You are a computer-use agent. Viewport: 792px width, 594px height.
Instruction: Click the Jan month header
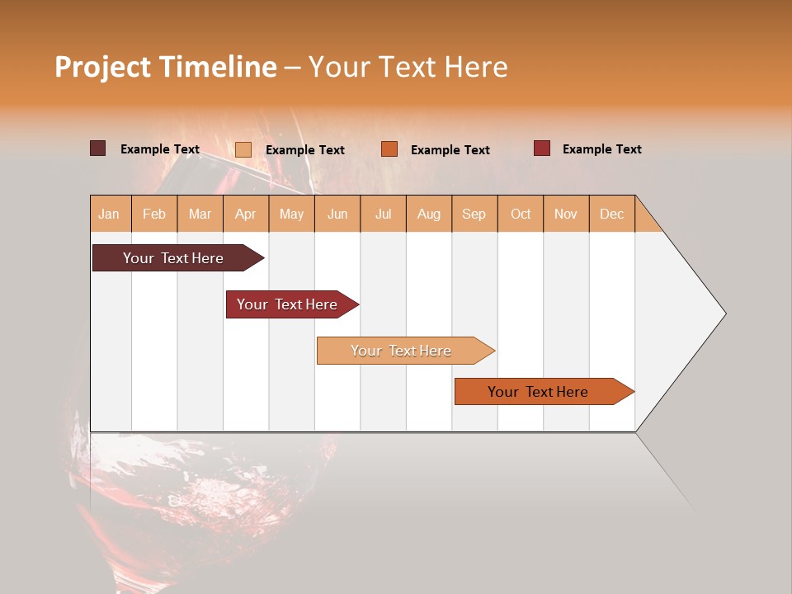(109, 214)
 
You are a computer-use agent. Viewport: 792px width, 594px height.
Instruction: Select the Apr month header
(245, 214)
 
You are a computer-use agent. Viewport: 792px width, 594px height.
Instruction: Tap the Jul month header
(383, 214)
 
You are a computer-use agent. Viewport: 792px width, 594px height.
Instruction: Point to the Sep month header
(474, 214)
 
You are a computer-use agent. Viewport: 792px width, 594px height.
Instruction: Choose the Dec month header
(611, 214)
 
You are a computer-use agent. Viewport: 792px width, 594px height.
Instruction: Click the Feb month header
(154, 214)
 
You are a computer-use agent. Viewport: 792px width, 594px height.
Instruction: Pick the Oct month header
(520, 214)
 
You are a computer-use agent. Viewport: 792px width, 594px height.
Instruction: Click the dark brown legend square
(97, 148)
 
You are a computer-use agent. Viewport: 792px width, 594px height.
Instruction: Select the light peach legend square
(243, 149)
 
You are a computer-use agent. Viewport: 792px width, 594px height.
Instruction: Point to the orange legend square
(389, 149)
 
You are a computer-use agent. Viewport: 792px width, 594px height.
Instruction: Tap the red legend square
(541, 148)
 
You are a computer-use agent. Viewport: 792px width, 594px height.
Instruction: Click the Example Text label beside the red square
(601, 149)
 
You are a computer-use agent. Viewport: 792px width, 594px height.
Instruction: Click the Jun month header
(337, 214)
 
